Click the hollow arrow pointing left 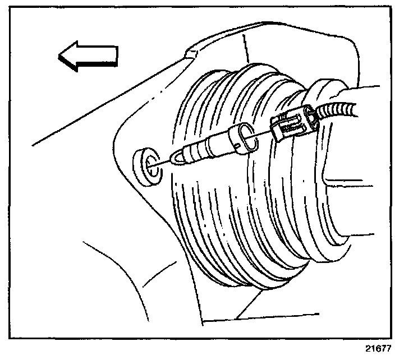88,57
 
